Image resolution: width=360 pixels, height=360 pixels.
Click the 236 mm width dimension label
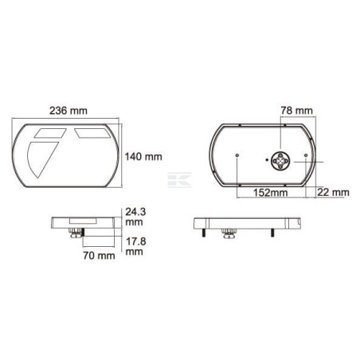tap(68, 111)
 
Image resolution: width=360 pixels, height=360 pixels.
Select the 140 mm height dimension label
tap(143, 157)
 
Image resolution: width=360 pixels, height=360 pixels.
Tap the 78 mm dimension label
tap(297, 111)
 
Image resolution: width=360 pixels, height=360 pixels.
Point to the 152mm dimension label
tap(270, 193)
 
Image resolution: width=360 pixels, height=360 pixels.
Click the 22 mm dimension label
tap(333, 192)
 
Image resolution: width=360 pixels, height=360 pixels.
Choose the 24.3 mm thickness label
tap(135, 217)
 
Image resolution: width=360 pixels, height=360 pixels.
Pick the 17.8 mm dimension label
tap(135, 246)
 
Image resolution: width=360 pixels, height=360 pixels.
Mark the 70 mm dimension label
tap(99, 256)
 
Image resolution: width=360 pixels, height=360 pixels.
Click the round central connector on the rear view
tap(280, 161)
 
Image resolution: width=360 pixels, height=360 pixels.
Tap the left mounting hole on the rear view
tap(237, 155)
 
